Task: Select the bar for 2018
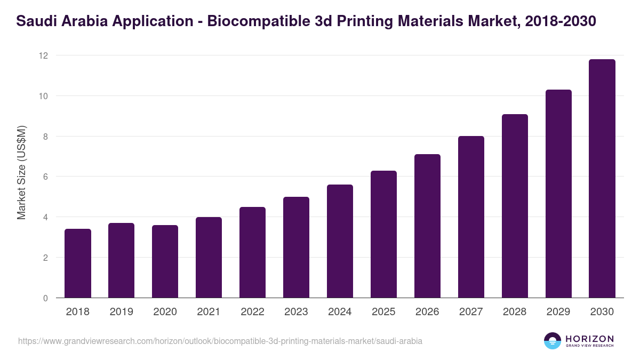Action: tap(78, 263)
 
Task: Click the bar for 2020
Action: tap(165, 261)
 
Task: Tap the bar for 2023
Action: tap(296, 247)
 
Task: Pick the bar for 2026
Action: tap(427, 226)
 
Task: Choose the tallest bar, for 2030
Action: tap(602, 179)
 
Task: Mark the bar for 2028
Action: tap(515, 206)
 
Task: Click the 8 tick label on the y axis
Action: tap(45, 137)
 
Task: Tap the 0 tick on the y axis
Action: tap(45, 298)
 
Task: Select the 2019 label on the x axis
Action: tap(122, 312)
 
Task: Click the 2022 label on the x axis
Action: tap(253, 312)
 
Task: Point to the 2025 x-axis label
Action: tap(383, 312)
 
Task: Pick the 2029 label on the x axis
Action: tap(558, 312)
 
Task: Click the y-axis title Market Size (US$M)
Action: tap(21, 172)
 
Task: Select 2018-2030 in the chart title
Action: tap(561, 21)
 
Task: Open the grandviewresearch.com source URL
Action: tap(220, 341)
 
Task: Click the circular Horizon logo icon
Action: tap(553, 341)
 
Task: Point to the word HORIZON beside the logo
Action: tap(589, 338)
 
